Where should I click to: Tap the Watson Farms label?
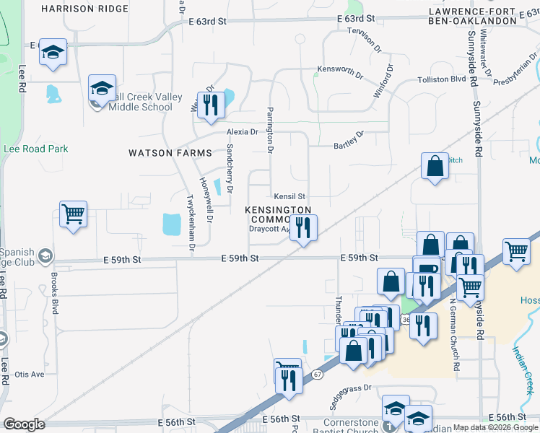[x=170, y=153]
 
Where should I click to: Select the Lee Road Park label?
[x=36, y=149]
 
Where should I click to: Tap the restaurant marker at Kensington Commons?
[x=303, y=228]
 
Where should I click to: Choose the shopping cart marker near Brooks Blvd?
[x=73, y=214]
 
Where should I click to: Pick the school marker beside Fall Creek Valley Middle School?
[x=103, y=88]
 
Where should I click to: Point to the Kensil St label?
[x=289, y=196]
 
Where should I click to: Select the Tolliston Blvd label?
[x=441, y=79]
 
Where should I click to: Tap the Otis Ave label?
[x=30, y=375]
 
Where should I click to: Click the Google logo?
[x=24, y=424]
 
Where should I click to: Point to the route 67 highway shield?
[x=317, y=374]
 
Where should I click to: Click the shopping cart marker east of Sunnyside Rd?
[x=517, y=252]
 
